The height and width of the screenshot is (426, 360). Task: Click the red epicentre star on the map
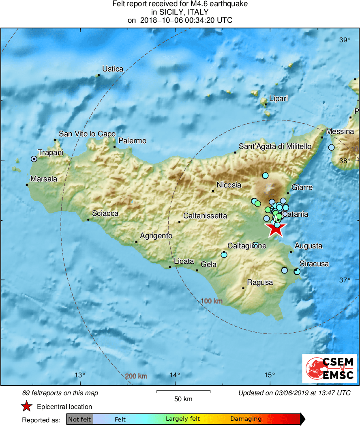pos(276,229)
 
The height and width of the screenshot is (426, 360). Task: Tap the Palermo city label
pos(133,141)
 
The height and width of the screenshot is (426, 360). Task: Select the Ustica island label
pos(113,69)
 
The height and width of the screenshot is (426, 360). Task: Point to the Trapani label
pos(51,153)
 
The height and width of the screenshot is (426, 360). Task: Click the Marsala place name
pos(44,179)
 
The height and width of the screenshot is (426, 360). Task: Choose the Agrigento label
pos(156,236)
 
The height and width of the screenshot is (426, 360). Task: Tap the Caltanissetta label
pos(205,216)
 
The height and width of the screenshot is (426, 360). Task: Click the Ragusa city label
pos(260,282)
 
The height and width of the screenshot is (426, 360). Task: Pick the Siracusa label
pos(314,264)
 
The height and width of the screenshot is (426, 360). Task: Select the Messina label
pos(340,131)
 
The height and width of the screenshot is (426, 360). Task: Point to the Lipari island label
pos(279,99)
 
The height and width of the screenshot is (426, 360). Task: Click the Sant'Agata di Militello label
pos(275,146)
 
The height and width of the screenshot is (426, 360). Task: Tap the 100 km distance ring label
pos(212,301)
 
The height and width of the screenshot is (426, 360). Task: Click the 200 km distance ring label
pos(136,376)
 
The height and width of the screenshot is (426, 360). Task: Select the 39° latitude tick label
pos(345,40)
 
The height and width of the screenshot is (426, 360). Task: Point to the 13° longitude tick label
pos(80,374)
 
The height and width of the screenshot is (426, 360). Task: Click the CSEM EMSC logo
pos(329,368)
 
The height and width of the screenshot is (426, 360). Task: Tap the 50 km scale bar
pos(183,392)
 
